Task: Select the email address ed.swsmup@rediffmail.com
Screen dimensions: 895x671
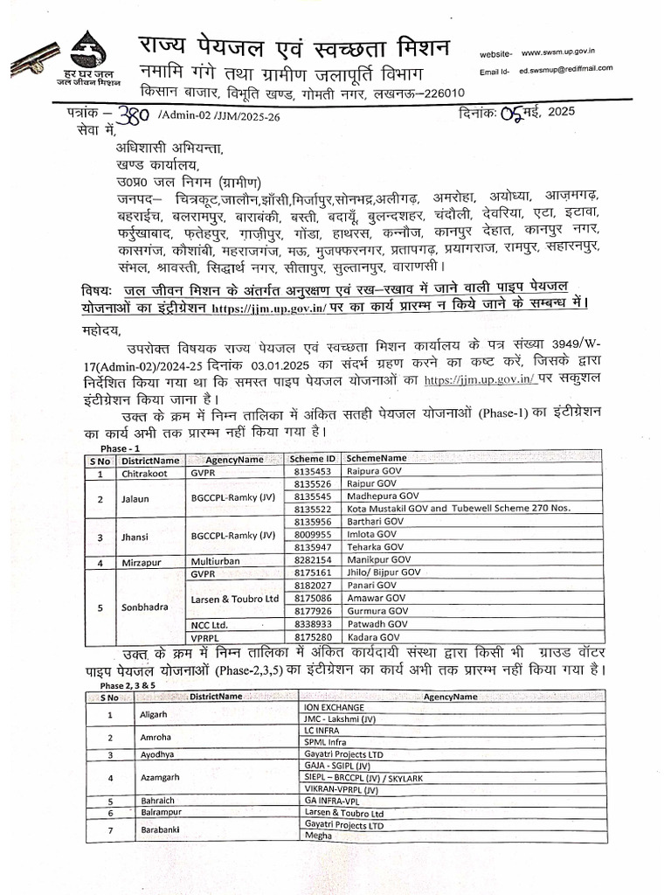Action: [565, 68]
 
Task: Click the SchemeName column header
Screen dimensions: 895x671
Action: [376, 459]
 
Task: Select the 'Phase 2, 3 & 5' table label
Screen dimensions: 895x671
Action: [120, 686]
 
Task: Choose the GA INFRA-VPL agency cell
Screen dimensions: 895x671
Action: [333, 801]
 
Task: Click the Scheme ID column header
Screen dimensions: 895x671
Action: [312, 459]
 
